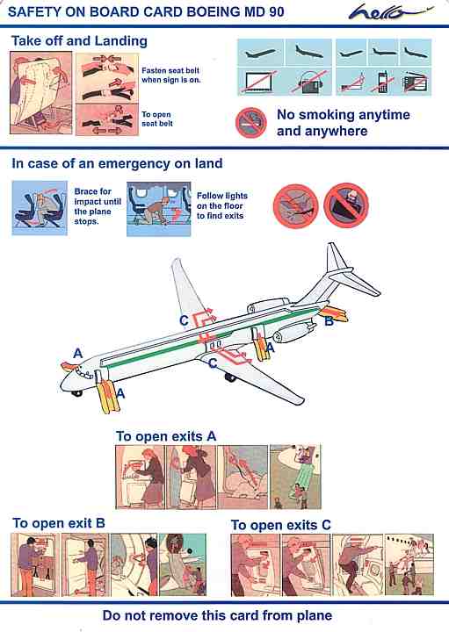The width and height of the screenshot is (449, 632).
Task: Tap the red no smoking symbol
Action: pos(251,123)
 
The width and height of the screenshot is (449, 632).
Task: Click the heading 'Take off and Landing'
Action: pos(79,41)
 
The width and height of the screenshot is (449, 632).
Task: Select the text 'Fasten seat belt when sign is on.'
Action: pos(170,75)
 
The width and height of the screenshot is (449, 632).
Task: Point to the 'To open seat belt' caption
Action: pos(157,118)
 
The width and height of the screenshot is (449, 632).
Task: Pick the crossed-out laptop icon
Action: pos(258,82)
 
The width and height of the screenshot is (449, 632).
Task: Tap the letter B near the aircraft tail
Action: pos(330,321)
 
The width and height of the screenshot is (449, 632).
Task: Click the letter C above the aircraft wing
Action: pos(184,320)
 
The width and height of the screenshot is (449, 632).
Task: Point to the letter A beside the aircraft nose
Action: pos(78,354)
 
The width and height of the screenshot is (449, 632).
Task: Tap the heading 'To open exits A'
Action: pos(166,436)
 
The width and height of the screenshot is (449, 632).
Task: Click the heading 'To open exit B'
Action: pos(59,523)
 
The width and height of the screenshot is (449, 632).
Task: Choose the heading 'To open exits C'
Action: pos(281,525)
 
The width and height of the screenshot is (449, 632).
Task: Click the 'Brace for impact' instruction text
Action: pos(98,206)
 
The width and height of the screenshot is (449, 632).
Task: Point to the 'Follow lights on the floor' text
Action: pos(222,205)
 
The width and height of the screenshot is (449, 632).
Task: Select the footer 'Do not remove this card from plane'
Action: pos(217,615)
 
